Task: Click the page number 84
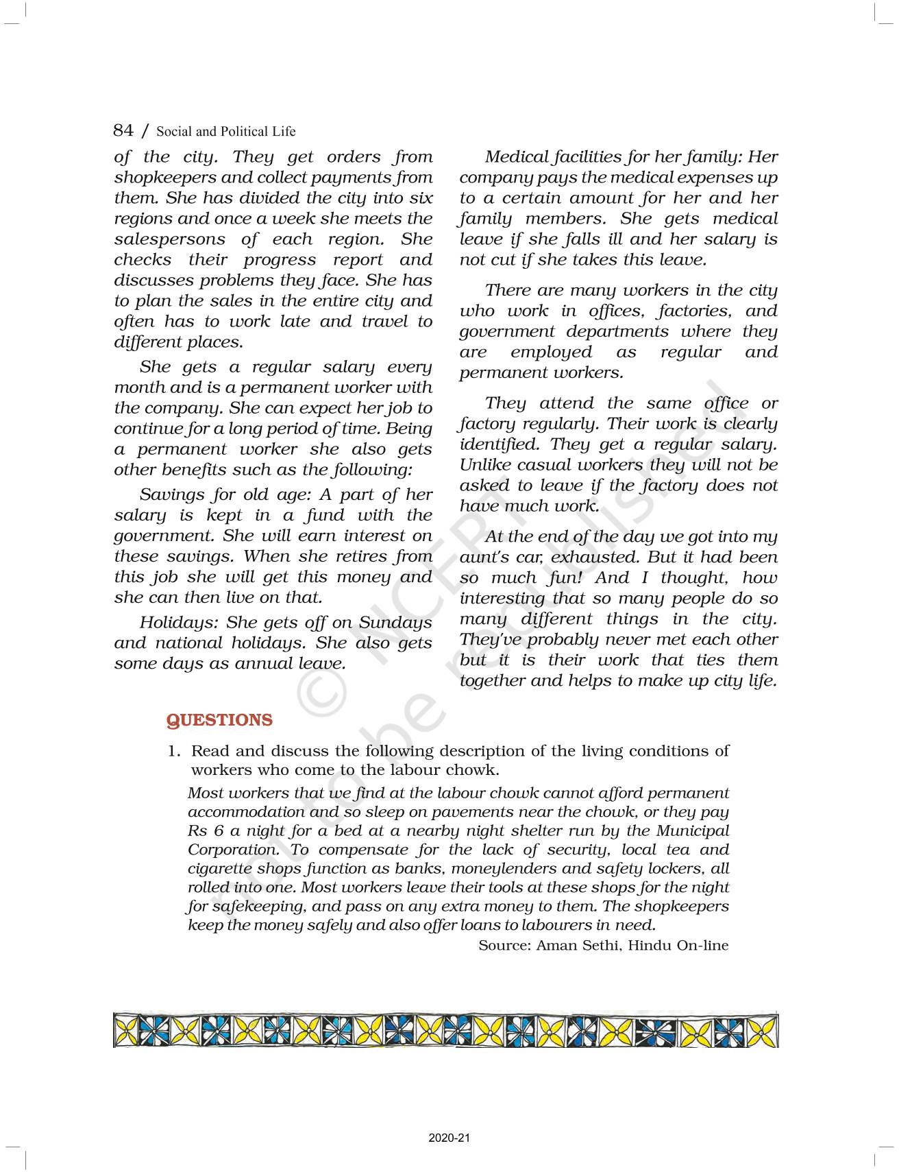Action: (123, 130)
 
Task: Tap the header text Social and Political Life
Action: (226, 132)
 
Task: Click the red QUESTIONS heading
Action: (219, 720)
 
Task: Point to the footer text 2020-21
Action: (449, 1138)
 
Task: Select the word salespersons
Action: (169, 239)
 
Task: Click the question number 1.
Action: (173, 752)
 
